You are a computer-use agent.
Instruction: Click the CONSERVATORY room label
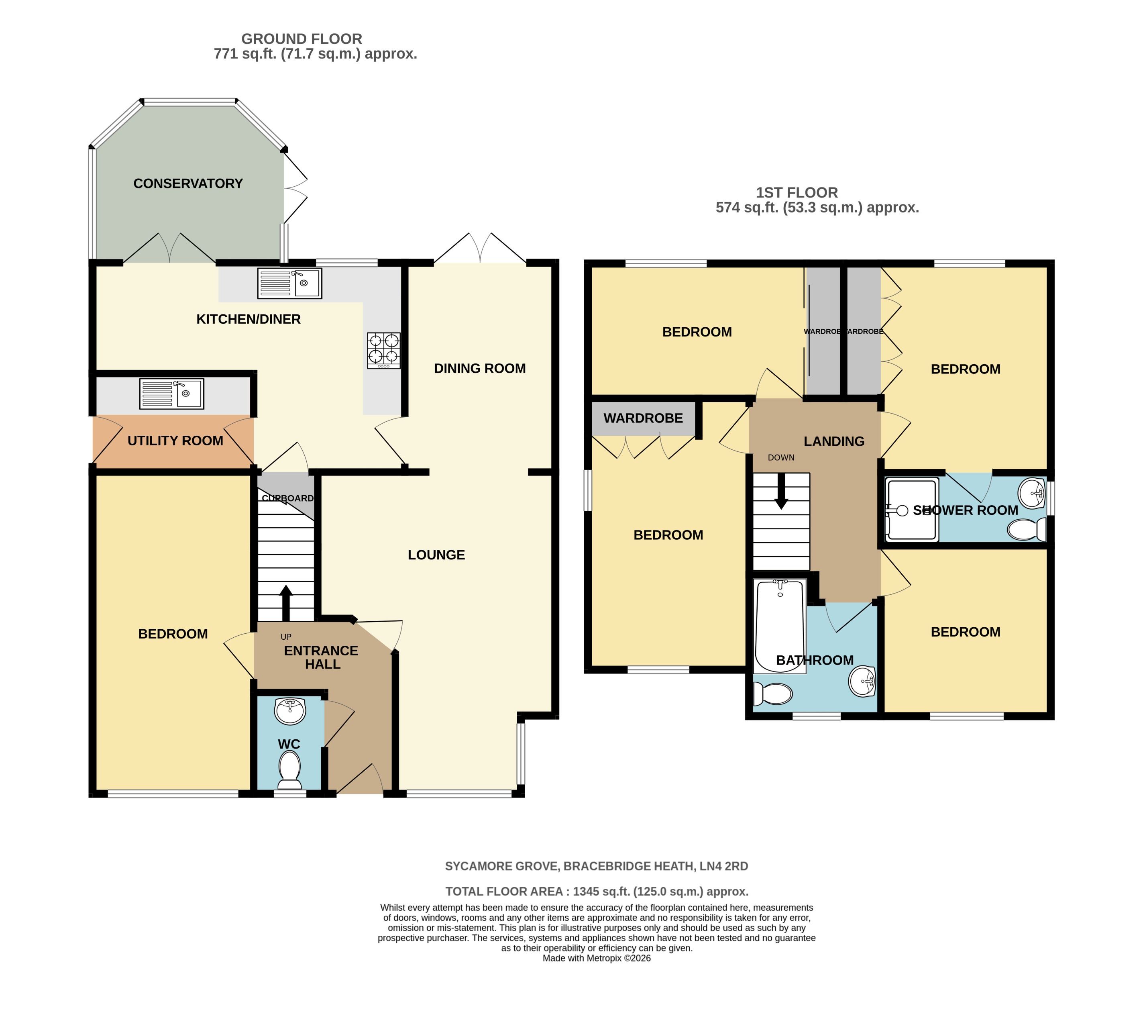188,184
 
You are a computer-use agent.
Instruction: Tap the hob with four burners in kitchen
384,350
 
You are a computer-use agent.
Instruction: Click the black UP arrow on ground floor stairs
286,602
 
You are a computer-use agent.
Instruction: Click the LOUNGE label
436,555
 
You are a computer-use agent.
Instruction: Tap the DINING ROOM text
480,369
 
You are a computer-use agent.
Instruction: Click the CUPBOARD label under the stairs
287,498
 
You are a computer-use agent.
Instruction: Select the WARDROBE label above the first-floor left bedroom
643,418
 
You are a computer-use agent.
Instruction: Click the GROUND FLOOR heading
302,39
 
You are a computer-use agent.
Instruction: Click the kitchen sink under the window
289,283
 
